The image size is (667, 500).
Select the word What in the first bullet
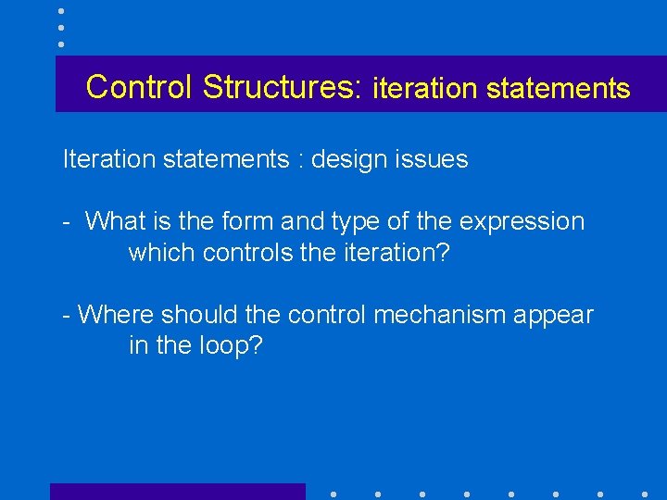[x=116, y=221]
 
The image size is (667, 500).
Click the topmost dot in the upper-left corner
[x=60, y=11]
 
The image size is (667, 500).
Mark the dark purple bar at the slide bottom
[x=177, y=492]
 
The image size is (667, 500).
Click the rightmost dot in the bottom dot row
[x=645, y=494]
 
